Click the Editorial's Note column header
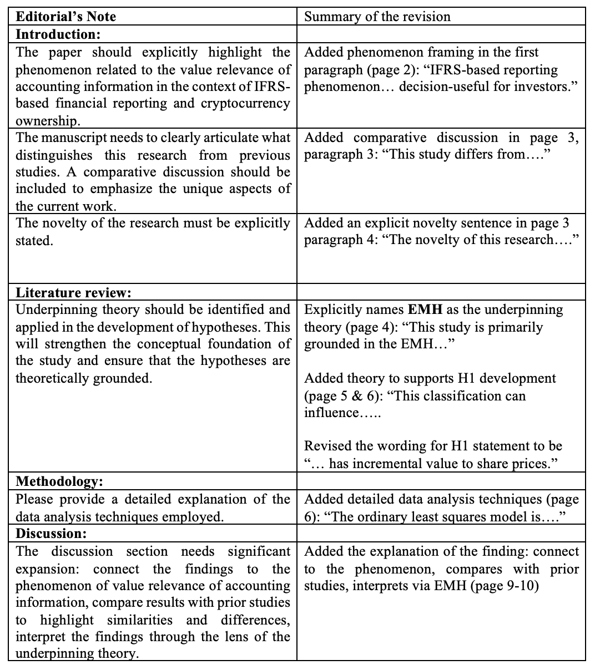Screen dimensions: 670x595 [x=66, y=17]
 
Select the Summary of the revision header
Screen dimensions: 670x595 [x=377, y=17]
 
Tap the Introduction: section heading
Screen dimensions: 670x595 [x=58, y=34]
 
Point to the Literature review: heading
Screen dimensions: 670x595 [x=73, y=292]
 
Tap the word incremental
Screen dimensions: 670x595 [x=399, y=464]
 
